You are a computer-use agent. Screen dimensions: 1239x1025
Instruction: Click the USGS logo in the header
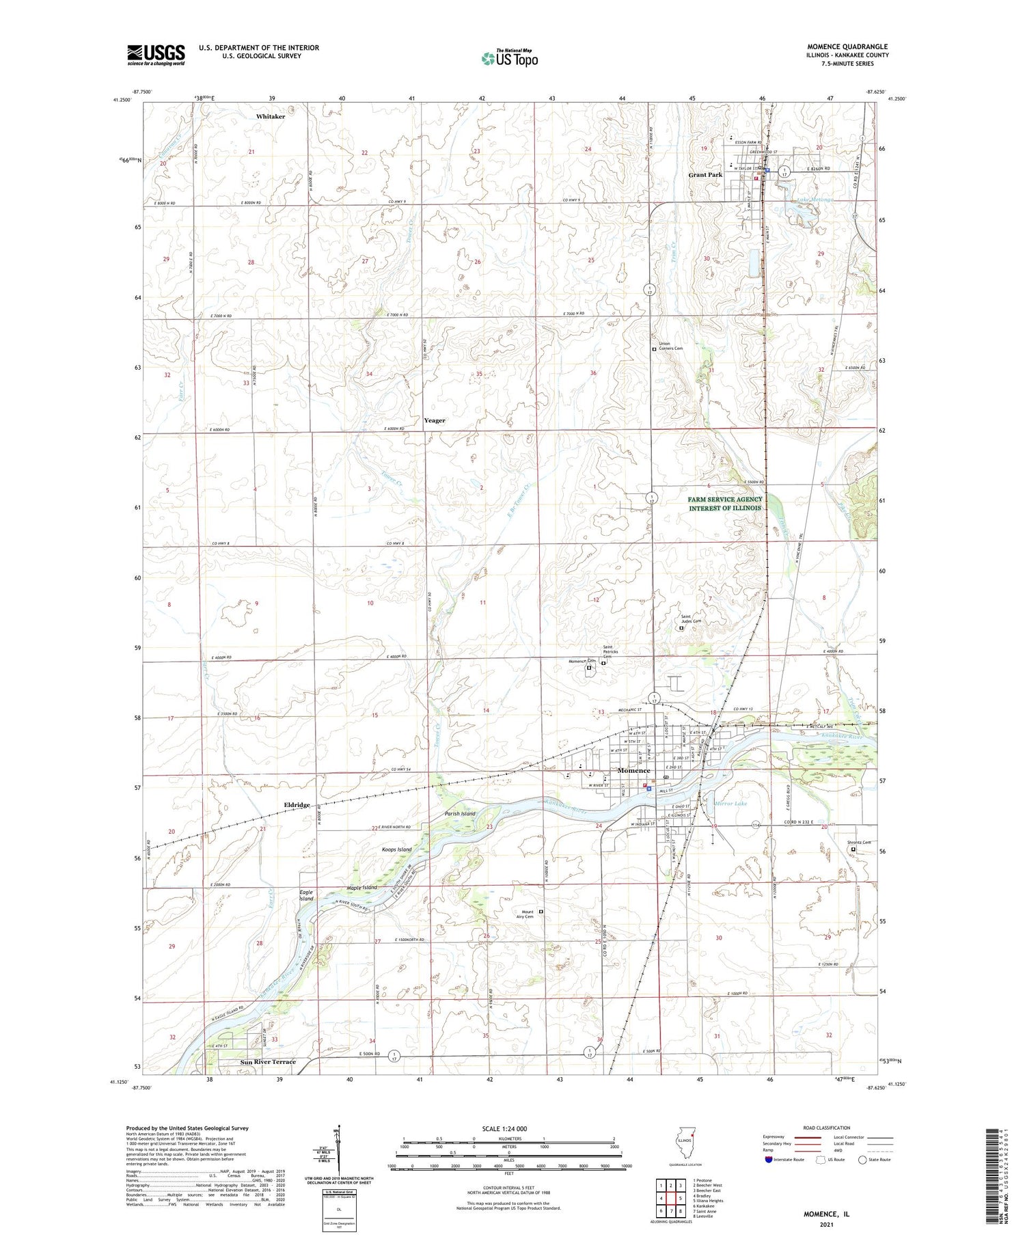coord(156,55)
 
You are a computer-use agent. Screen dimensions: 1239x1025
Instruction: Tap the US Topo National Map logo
coord(509,57)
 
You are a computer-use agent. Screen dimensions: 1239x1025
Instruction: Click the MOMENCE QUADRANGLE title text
coord(847,46)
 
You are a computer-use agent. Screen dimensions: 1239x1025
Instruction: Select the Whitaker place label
coord(271,117)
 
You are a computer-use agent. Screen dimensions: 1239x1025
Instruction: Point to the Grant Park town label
coord(705,175)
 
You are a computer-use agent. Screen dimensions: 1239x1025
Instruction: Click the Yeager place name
coord(435,420)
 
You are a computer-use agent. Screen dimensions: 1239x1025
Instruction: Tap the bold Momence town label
coord(633,771)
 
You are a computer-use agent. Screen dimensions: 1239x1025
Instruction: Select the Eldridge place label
coord(297,805)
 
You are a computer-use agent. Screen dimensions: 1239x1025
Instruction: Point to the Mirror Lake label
coord(731,804)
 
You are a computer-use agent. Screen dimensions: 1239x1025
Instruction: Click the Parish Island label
coord(460,814)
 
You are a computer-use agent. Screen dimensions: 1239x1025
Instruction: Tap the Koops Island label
coord(396,849)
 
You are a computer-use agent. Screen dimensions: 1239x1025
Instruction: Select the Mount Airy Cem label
coord(528,914)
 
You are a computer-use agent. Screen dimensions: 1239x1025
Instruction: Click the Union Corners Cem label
coord(670,346)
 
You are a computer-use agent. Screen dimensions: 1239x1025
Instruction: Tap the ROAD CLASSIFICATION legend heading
coord(827,1128)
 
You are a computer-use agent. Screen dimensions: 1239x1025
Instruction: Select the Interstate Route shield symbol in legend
coord(769,1160)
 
